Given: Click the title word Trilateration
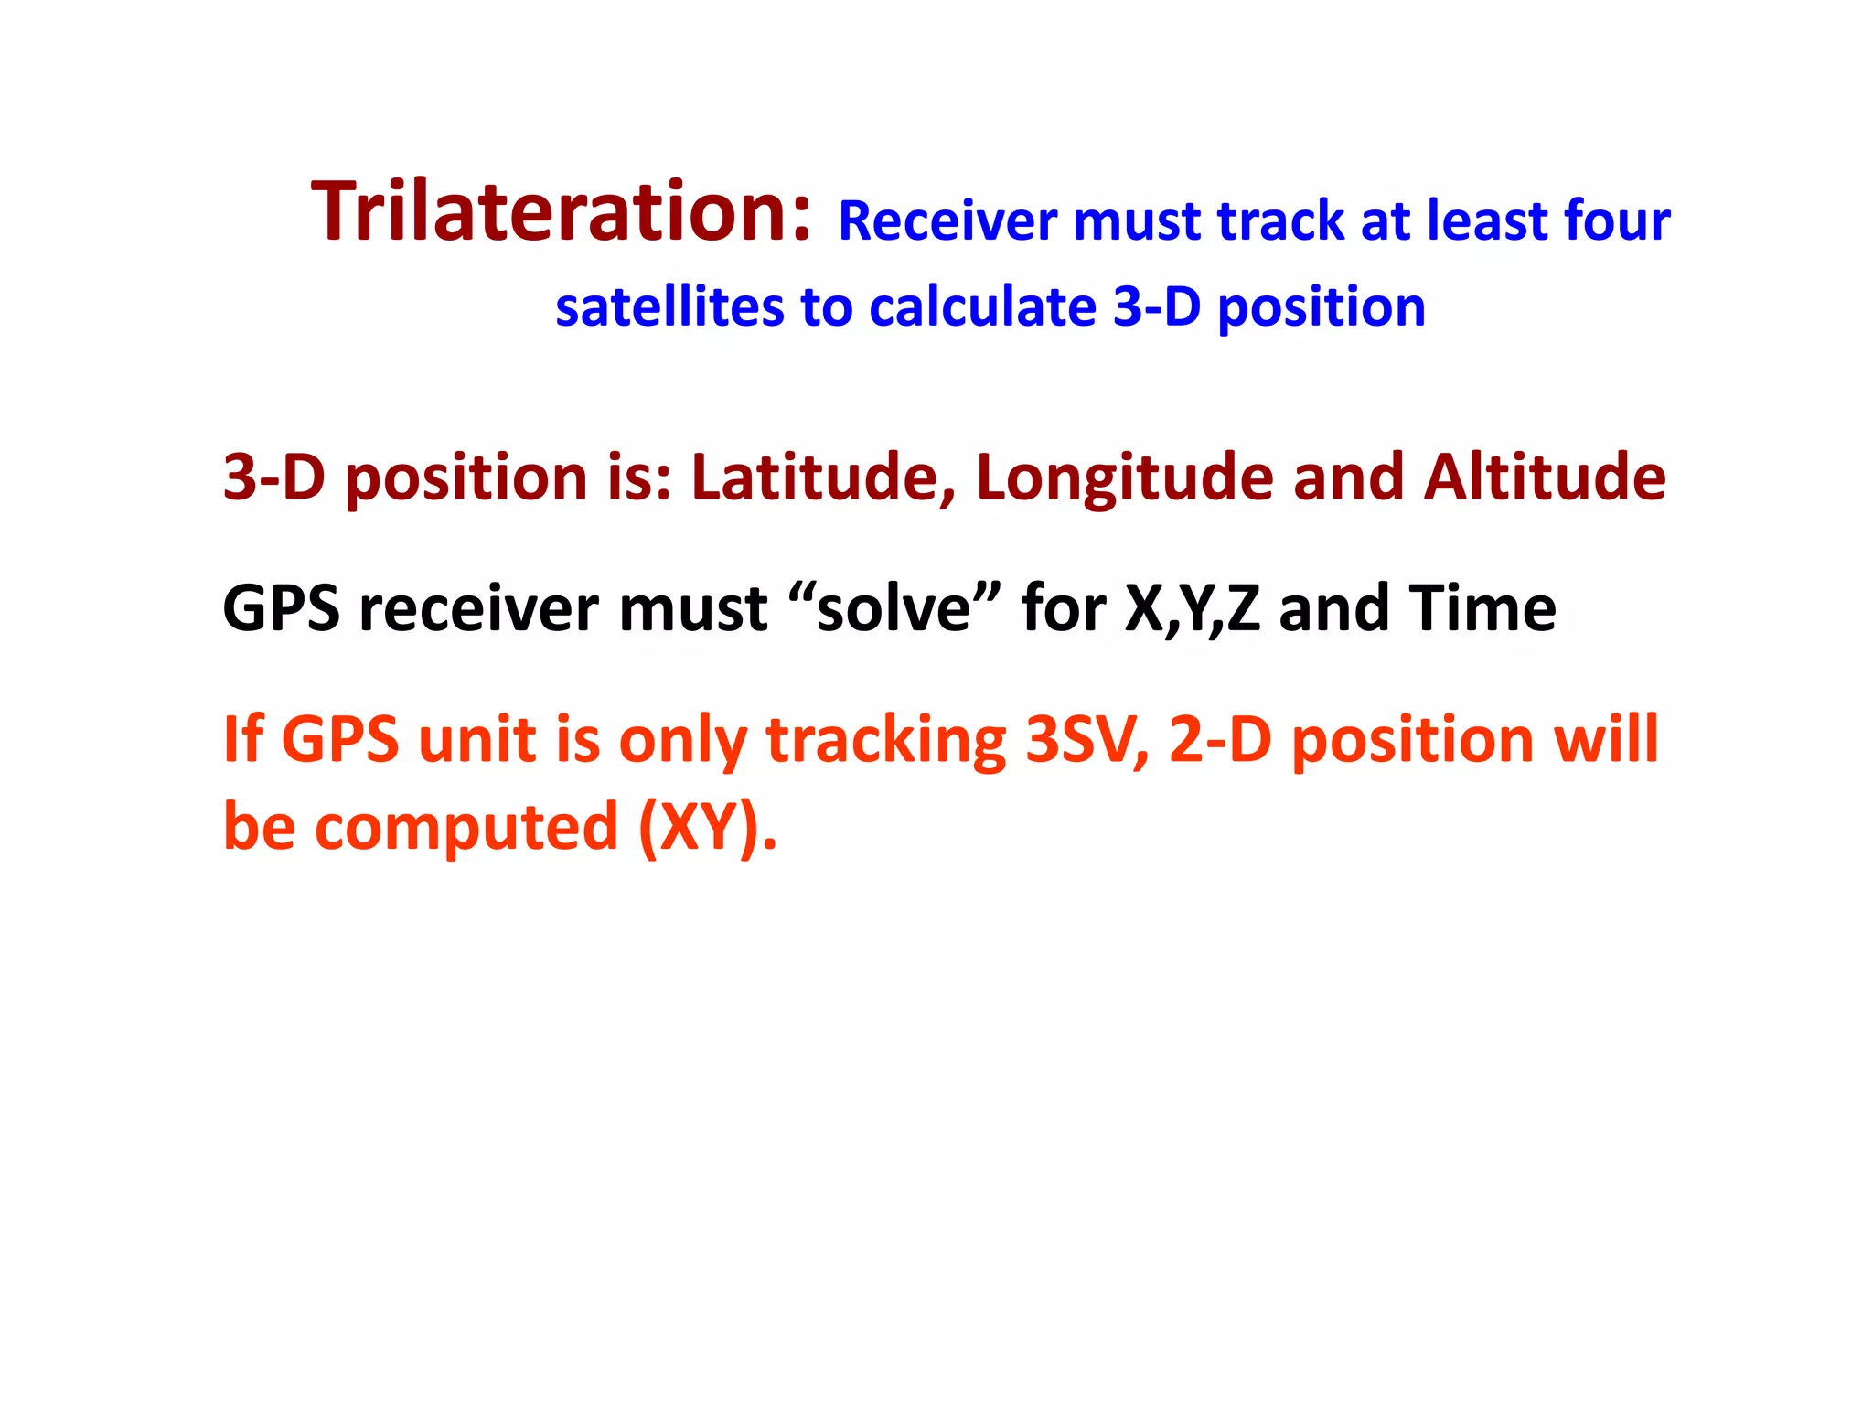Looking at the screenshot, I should click(560, 212).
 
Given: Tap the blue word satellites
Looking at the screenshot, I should click(669, 307).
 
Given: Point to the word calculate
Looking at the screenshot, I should click(982, 307).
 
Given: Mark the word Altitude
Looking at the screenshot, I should click(1545, 477).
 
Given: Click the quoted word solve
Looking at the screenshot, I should click(893, 609).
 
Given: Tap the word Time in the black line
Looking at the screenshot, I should click(1482, 609).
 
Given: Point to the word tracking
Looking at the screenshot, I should click(885, 741).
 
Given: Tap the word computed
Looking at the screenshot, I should click(466, 827).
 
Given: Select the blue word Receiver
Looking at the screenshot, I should click(947, 221).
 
